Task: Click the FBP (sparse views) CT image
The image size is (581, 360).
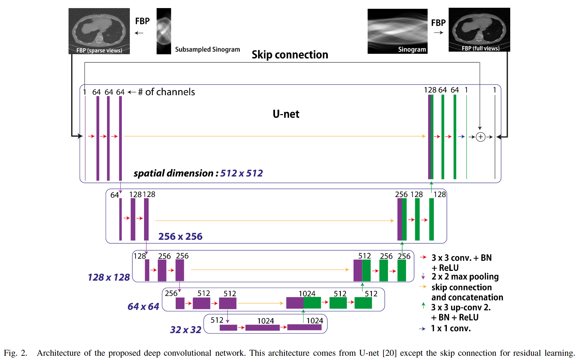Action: pyautogui.click(x=99, y=31)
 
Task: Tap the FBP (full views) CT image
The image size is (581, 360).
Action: pyautogui.click(x=479, y=30)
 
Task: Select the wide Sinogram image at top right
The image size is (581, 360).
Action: pyautogui.click(x=397, y=31)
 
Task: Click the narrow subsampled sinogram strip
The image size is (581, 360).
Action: pyautogui.click(x=164, y=31)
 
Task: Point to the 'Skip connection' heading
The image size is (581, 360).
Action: pyautogui.click(x=290, y=55)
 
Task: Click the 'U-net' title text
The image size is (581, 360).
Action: pyautogui.click(x=286, y=114)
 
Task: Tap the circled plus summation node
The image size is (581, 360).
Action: pyautogui.click(x=481, y=137)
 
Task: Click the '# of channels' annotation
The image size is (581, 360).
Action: pyautogui.click(x=166, y=92)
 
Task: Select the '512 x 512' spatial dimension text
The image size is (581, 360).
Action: pyautogui.click(x=242, y=173)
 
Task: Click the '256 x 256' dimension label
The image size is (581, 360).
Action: pyautogui.click(x=180, y=236)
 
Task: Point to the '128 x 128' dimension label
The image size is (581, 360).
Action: pyautogui.click(x=109, y=277)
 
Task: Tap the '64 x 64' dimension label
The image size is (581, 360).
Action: pyautogui.click(x=143, y=306)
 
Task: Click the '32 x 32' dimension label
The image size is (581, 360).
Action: pyautogui.click(x=186, y=330)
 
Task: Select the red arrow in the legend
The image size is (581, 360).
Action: pyautogui.click(x=423, y=257)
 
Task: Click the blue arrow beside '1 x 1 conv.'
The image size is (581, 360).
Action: pyautogui.click(x=422, y=329)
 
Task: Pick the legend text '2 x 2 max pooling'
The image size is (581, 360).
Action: pyautogui.click(x=465, y=277)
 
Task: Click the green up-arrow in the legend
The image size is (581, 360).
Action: pyautogui.click(x=423, y=305)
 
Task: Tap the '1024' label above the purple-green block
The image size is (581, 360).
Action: pyautogui.click(x=307, y=293)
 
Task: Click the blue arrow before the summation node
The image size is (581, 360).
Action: pyautogui.click(x=461, y=137)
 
